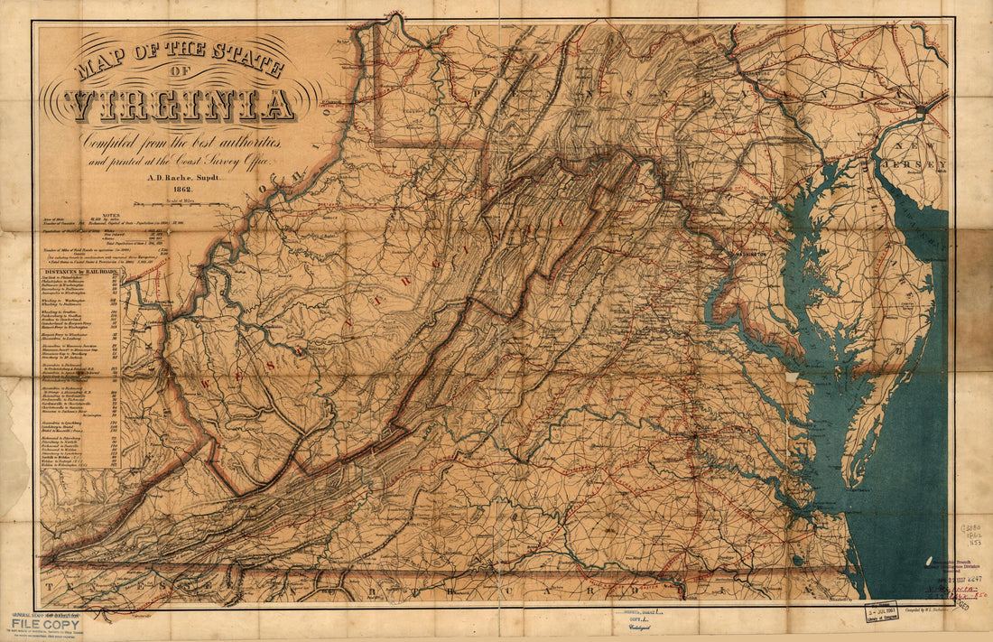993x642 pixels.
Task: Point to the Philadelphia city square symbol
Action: (x=920, y=109)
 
